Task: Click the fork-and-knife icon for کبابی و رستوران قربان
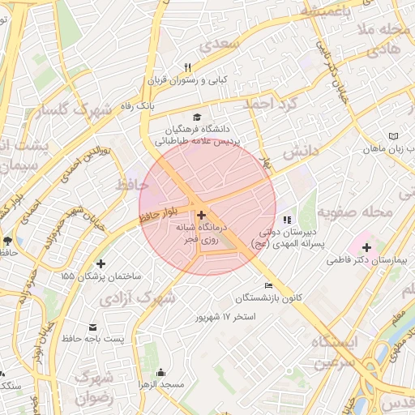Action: coord(188,67)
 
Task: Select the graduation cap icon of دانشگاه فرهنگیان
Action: coord(199,117)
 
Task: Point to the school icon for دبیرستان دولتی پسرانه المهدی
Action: coord(286,219)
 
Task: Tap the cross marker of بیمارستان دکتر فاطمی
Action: coord(366,247)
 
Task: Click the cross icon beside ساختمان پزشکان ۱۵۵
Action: coord(101,263)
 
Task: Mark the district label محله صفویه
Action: coord(354,212)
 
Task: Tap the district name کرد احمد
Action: coord(272,104)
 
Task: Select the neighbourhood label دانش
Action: coord(303,151)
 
